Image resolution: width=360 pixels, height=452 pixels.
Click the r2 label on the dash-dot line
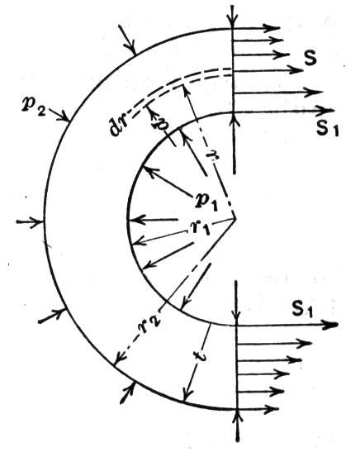click(x=149, y=325)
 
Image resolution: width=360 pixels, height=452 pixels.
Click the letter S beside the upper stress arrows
click(x=310, y=58)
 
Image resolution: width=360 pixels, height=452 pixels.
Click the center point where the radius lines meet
click(x=236, y=218)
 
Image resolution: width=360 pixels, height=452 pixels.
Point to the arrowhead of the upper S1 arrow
click(x=329, y=111)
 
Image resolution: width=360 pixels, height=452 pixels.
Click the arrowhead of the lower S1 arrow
click(x=331, y=325)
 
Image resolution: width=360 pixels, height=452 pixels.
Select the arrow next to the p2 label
click(x=59, y=114)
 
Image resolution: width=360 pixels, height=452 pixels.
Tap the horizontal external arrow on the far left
click(x=30, y=222)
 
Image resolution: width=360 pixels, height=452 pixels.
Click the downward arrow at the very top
click(x=232, y=17)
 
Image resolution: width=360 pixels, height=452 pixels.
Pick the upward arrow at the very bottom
click(x=237, y=426)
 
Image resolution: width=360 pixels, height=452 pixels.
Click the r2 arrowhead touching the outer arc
click(x=119, y=360)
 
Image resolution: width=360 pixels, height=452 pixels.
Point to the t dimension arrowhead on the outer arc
click(x=187, y=395)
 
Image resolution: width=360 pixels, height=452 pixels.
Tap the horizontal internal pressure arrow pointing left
click(x=153, y=221)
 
